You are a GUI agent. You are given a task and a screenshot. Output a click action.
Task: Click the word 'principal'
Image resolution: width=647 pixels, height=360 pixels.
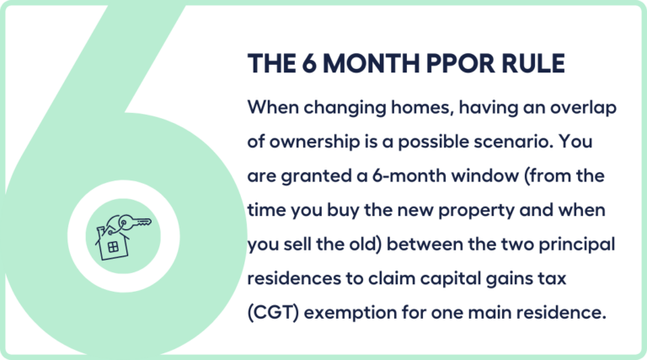[580, 244]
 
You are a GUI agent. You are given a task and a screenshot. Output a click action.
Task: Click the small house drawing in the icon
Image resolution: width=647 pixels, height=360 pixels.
[111, 241]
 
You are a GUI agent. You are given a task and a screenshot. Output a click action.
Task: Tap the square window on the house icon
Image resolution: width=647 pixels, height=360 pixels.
[109, 247]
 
